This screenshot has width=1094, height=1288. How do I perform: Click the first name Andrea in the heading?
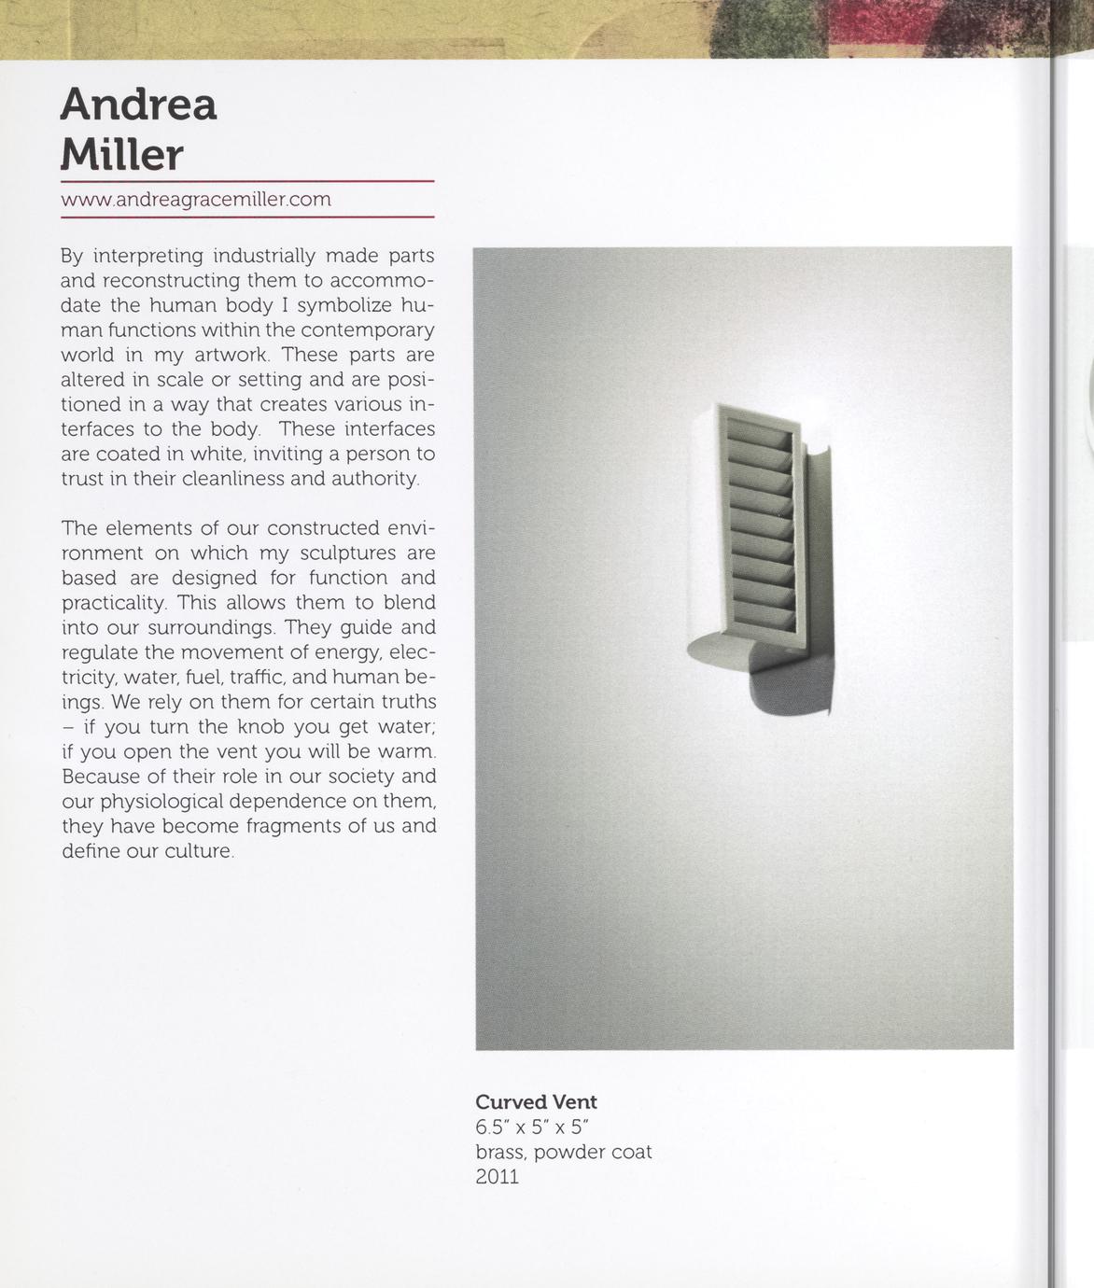(138, 105)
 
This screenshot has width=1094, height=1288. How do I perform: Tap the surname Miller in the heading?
(122, 154)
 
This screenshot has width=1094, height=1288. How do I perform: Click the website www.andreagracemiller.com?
(196, 200)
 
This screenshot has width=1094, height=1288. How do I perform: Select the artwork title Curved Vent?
(536, 1102)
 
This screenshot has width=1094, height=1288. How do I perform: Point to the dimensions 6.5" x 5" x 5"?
(533, 1127)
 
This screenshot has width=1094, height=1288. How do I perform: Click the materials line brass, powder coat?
(563, 1152)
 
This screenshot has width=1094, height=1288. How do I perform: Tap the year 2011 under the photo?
(497, 1176)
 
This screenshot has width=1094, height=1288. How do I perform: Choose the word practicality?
(113, 603)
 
